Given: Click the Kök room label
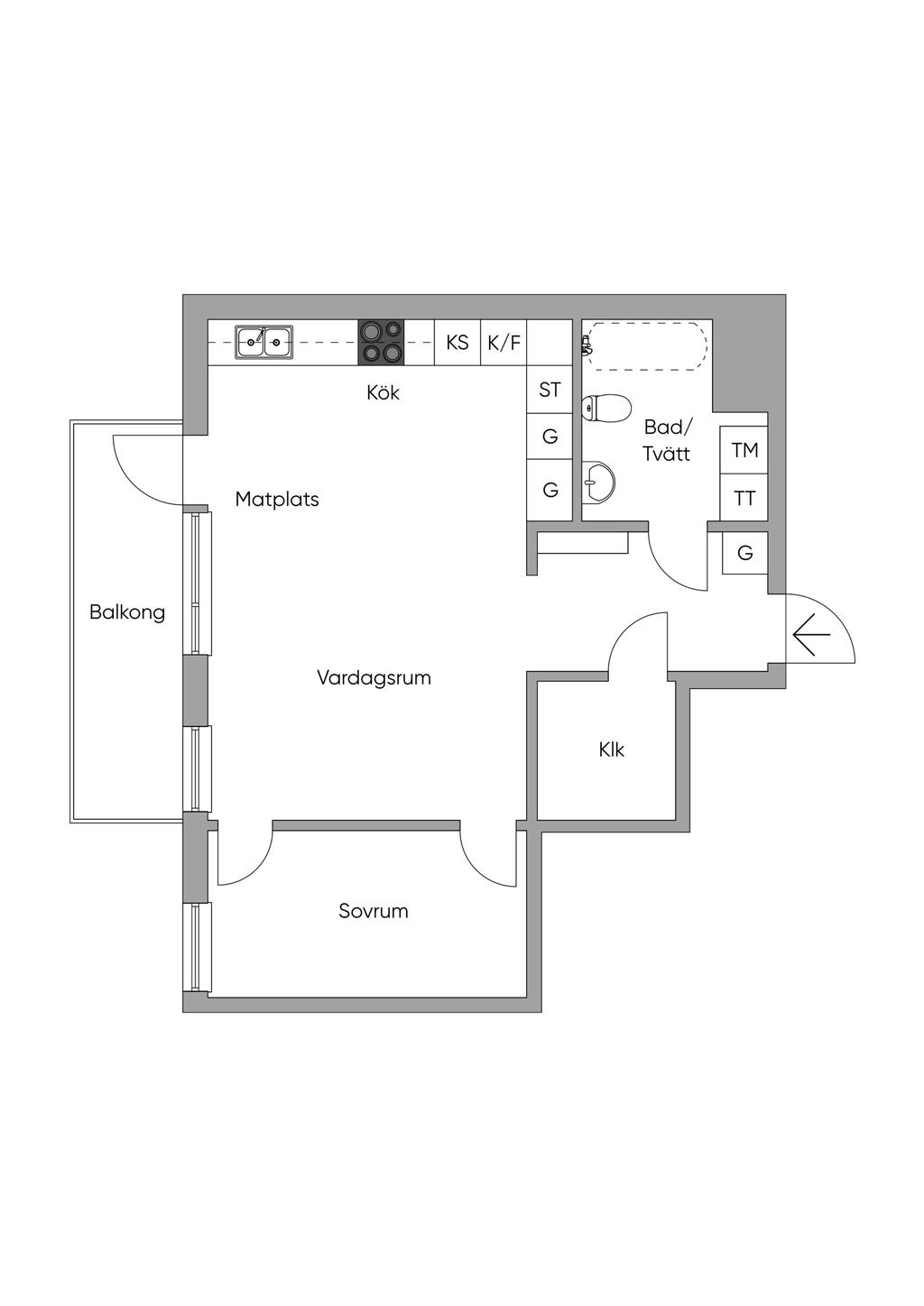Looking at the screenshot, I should click(x=383, y=393).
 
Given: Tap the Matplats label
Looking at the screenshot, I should click(x=277, y=499).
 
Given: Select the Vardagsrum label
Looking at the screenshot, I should click(x=374, y=677).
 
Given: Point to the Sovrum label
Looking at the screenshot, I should click(x=374, y=911).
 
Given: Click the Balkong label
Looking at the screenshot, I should click(x=127, y=612).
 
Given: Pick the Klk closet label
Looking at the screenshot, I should click(x=612, y=750).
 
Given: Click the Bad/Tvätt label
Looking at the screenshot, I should click(x=667, y=440).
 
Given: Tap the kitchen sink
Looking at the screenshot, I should click(x=264, y=343).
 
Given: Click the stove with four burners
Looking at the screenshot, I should click(x=381, y=343).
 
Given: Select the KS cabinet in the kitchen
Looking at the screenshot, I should click(x=457, y=343).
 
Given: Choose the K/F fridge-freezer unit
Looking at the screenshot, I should click(x=504, y=343).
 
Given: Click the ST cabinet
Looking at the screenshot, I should click(x=550, y=390).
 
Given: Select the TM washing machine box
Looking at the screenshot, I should click(x=744, y=449).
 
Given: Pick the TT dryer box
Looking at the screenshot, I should click(x=744, y=498).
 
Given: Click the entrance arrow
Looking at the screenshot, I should click(x=811, y=637).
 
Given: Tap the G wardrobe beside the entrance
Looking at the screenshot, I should click(x=744, y=552).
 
